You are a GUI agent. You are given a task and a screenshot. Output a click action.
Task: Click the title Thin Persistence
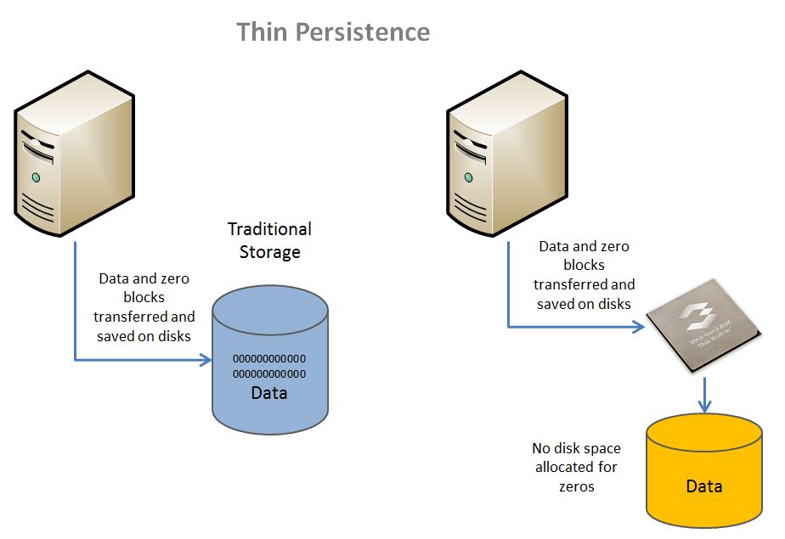[333, 32]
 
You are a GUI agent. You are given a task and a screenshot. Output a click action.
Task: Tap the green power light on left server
[36, 177]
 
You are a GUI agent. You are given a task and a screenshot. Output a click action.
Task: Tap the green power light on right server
[469, 177]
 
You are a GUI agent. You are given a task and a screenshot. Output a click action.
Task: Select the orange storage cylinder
[703, 471]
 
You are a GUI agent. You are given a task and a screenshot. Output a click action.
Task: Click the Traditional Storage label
[269, 240]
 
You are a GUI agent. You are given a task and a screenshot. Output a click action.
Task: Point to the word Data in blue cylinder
[269, 393]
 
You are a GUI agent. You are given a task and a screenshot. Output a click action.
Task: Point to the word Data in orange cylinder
[703, 486]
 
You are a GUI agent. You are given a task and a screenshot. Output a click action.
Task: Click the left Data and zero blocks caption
[144, 306]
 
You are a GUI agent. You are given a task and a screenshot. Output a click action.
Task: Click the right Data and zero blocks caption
[585, 275]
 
